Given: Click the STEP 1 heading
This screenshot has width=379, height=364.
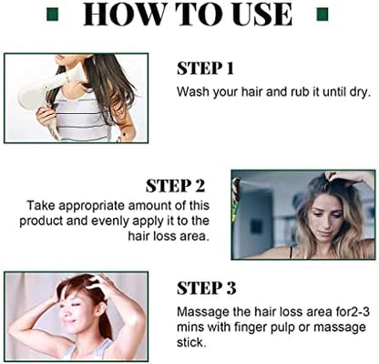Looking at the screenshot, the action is (205, 68).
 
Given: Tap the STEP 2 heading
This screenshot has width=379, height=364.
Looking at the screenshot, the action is (176, 186).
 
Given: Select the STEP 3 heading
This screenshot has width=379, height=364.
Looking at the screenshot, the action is (207, 288).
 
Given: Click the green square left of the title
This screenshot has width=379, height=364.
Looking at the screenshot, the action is (53, 15).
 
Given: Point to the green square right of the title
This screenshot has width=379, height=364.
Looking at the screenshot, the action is (323, 15).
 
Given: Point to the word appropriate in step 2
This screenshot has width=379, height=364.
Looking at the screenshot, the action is (92, 206).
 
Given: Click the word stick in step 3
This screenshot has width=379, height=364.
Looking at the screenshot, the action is (191, 342).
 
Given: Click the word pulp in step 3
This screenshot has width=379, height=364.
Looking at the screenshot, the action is (282, 328).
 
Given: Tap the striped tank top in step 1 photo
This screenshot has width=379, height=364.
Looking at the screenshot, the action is (83, 116).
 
